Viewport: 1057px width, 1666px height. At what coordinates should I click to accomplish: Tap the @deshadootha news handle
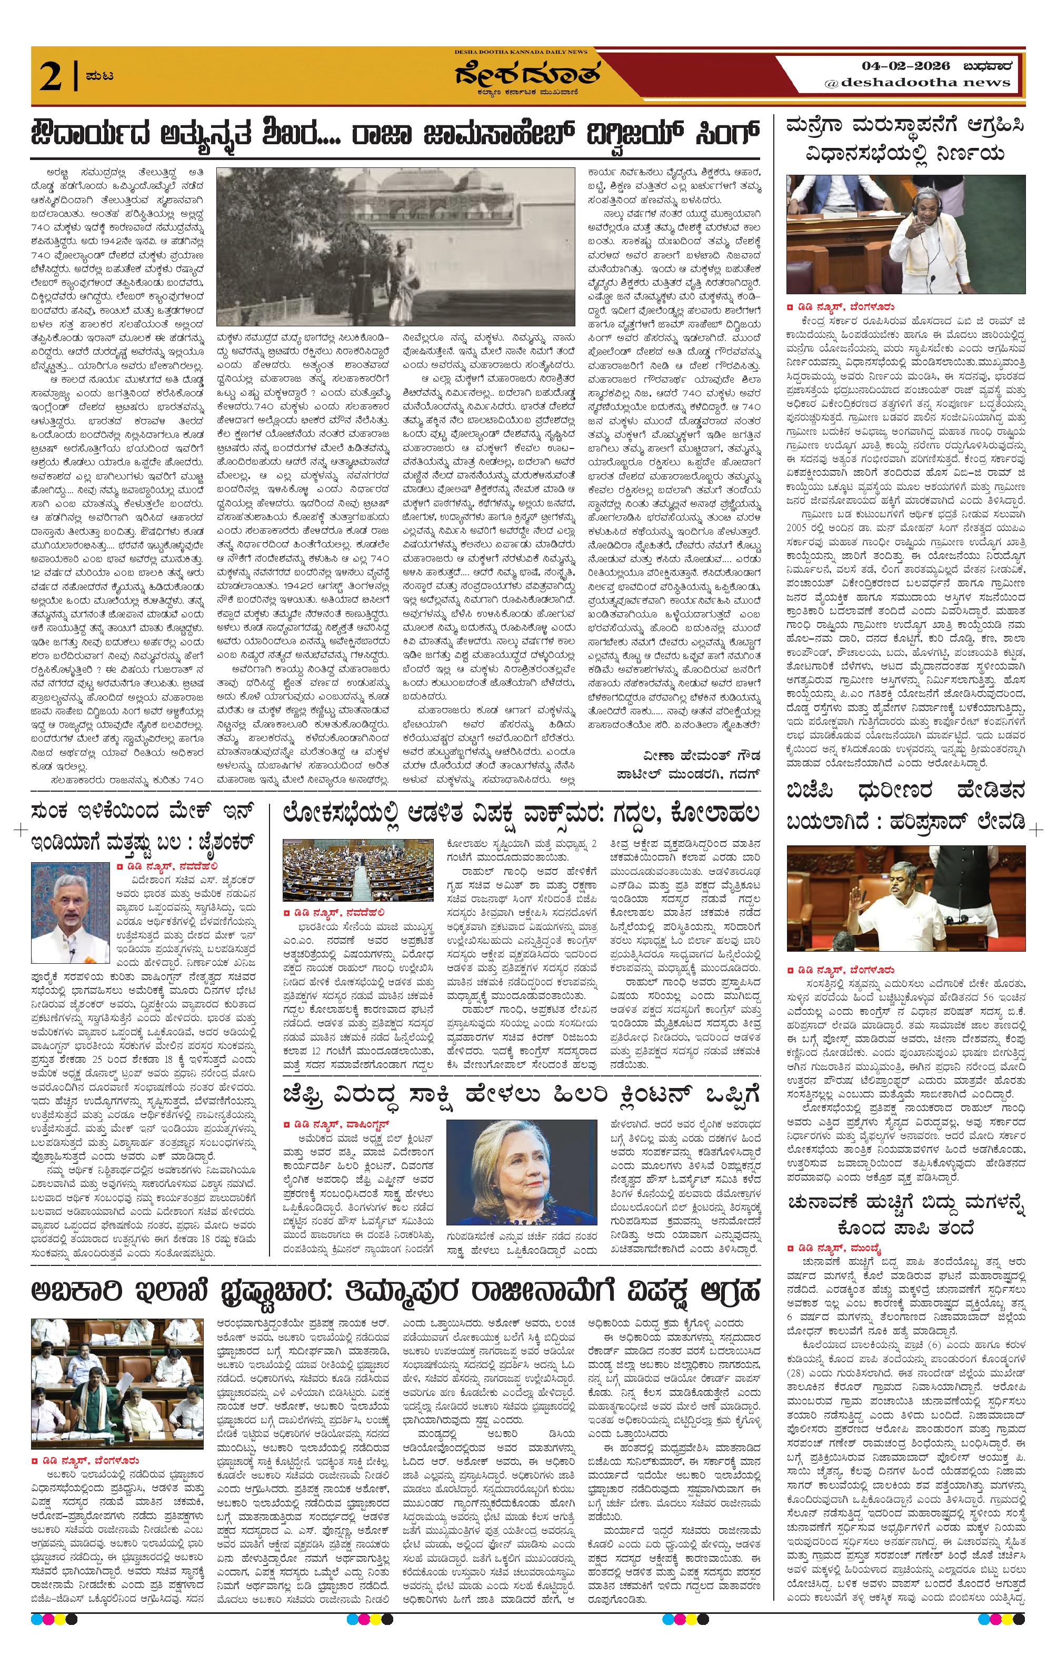pos(916,82)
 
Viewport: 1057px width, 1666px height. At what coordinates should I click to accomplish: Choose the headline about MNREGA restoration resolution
pos(905,140)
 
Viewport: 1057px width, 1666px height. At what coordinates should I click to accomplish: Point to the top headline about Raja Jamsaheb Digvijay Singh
pos(396,132)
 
